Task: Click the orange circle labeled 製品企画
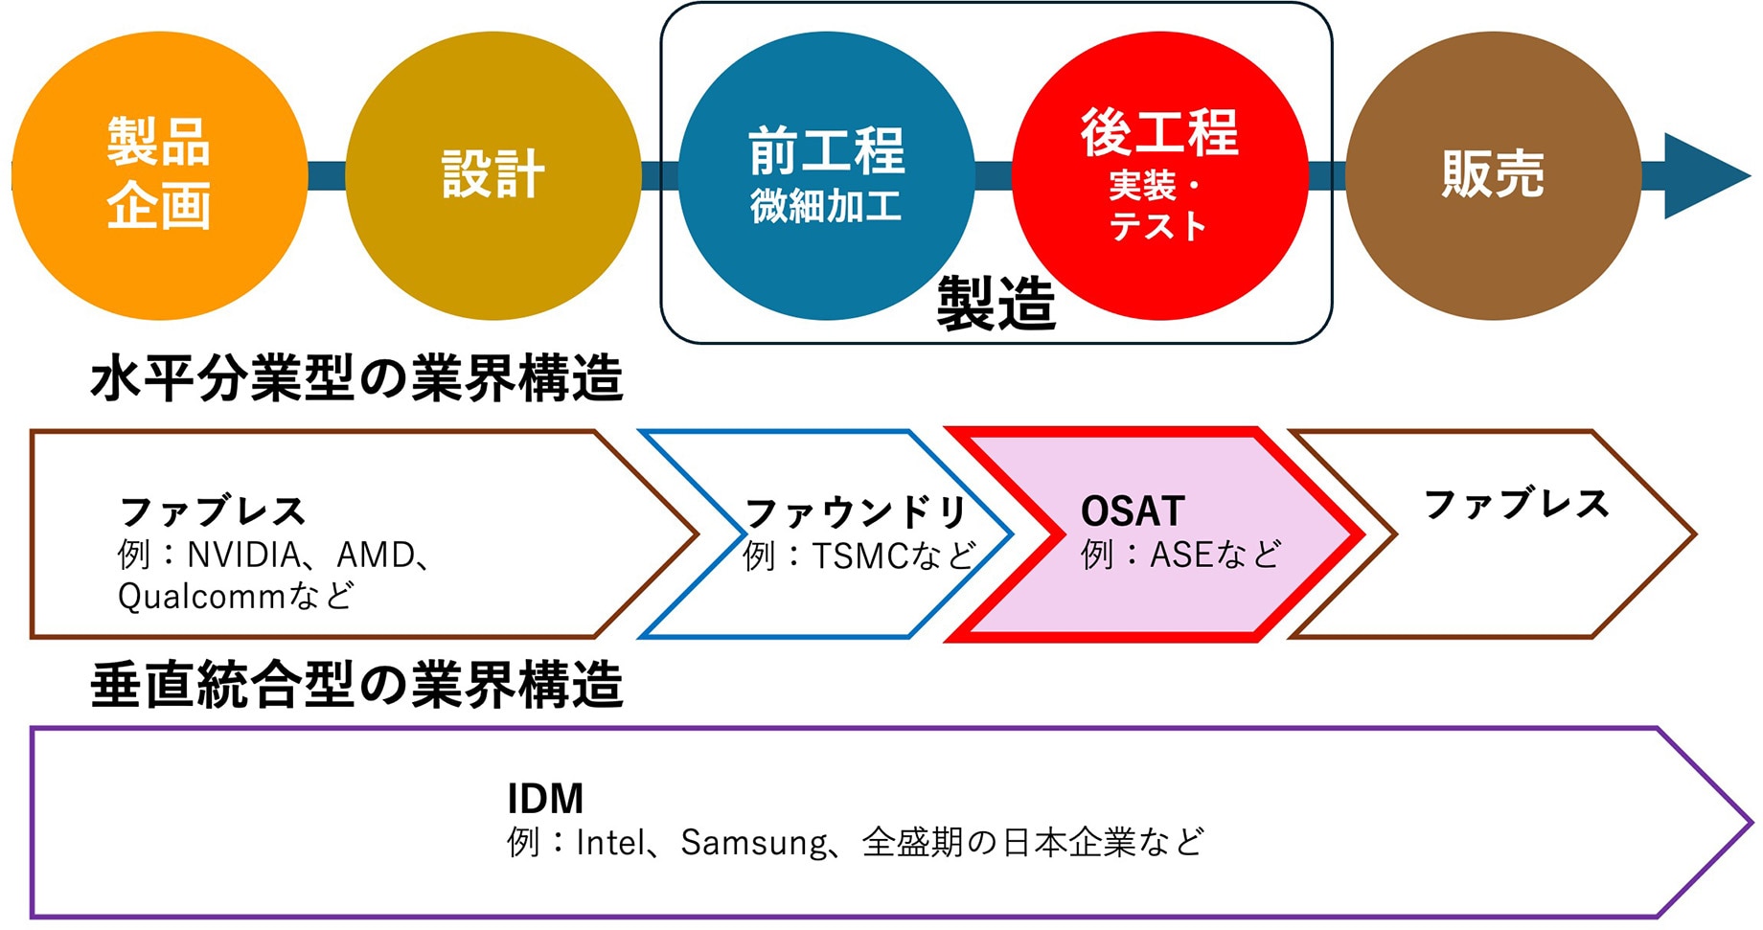pyautogui.click(x=159, y=174)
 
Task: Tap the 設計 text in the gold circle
pyautogui.click(x=492, y=174)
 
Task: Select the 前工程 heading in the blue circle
pyautogui.click(x=826, y=151)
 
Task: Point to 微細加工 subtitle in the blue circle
pyautogui.click(x=826, y=206)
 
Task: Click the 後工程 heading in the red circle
pyautogui.click(x=1159, y=132)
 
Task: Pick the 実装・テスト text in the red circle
pyautogui.click(x=1157, y=206)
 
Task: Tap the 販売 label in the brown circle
pyautogui.click(x=1493, y=174)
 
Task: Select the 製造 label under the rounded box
pyautogui.click(x=996, y=304)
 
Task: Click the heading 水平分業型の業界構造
pyautogui.click(x=356, y=378)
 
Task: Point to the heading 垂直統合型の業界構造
pyautogui.click(x=356, y=686)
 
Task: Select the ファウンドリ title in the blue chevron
pyautogui.click(x=856, y=512)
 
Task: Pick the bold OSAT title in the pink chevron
pyautogui.click(x=1133, y=511)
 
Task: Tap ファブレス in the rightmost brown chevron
pyautogui.click(x=1516, y=504)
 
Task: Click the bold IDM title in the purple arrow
pyautogui.click(x=544, y=798)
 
